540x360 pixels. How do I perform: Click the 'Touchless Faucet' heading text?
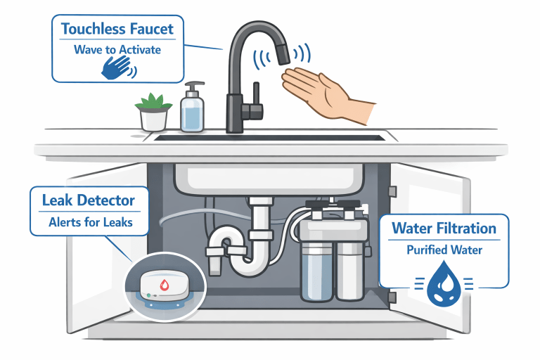117,30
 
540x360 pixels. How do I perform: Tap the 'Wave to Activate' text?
117,50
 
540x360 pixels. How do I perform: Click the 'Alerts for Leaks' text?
88,223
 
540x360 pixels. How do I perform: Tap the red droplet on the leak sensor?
165,285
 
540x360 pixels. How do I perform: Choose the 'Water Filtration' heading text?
444,228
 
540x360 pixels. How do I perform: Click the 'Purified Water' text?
444,250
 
